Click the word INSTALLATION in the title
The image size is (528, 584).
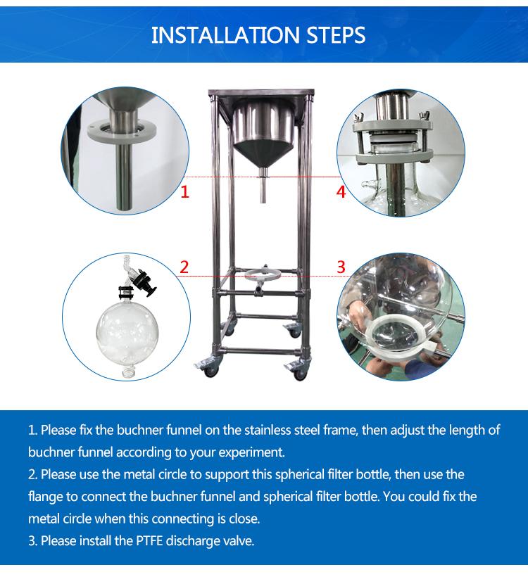pos(225,35)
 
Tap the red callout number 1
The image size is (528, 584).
pos(185,192)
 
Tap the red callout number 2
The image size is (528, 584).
pos(184,267)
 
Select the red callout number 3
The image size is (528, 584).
pos(341,267)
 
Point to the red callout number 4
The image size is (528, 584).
pos(341,192)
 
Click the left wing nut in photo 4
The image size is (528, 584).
pos(359,118)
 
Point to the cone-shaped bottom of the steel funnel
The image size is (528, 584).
pos(263,155)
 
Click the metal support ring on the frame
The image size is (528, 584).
pos(263,276)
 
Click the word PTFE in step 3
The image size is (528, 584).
pos(149,541)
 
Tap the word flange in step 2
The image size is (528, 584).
pos(45,497)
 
